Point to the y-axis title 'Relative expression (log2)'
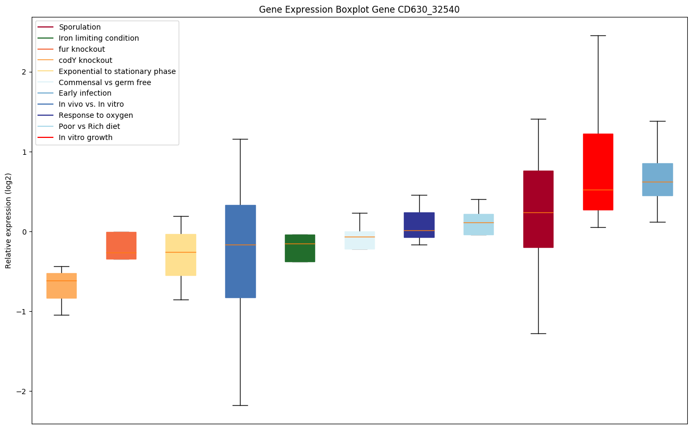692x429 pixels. [8, 221]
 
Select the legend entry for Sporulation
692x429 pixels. [80, 27]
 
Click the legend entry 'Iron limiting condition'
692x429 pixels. [99, 38]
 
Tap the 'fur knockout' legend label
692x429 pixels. [82, 49]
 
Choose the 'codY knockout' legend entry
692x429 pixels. [86, 60]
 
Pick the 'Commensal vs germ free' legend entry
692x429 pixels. [105, 82]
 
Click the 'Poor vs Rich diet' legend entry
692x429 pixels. [89, 126]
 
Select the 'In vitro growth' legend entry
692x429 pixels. [86, 137]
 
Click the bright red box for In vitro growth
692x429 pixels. [598, 172]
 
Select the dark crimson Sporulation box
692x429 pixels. [538, 209]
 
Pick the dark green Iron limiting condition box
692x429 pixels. [300, 248]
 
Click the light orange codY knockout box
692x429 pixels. [61, 286]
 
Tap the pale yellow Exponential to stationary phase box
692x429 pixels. [181, 255]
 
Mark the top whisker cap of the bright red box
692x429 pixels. [598, 35]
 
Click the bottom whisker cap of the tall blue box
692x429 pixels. [241, 405]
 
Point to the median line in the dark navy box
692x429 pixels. [419, 230]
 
